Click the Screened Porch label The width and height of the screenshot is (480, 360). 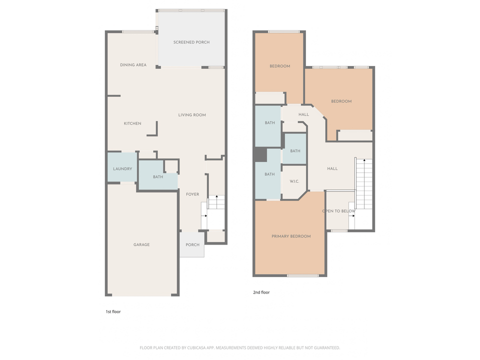point(191,42)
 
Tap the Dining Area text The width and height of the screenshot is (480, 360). point(133,65)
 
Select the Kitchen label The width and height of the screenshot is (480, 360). point(132,123)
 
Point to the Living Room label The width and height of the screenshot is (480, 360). point(192,115)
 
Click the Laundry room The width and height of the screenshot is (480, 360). point(122,168)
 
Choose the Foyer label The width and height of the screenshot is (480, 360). point(192,194)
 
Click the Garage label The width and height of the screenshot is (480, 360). point(141,245)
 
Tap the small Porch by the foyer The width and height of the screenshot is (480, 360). point(192,245)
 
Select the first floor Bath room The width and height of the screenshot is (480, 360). point(158,177)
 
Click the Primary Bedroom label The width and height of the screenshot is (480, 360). point(291,236)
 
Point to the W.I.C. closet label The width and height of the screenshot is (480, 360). point(294,181)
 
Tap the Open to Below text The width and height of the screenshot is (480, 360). point(339,211)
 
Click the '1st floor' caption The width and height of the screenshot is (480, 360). point(112,311)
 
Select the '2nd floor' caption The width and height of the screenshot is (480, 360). point(261,292)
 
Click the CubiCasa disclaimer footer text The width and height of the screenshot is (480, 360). point(240,347)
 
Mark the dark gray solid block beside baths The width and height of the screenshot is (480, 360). point(260,155)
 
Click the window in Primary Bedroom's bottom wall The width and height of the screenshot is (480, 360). point(302,275)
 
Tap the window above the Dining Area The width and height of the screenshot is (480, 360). point(137,32)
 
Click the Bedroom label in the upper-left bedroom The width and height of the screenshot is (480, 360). point(279,66)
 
